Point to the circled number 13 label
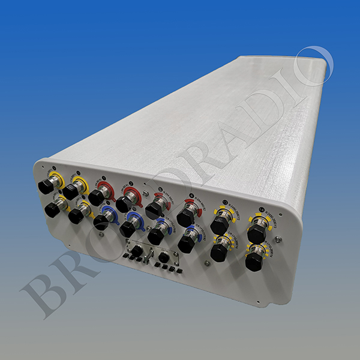(225, 202)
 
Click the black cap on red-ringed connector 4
(185, 217)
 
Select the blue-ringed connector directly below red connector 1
(101, 221)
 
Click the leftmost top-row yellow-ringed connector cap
(46, 185)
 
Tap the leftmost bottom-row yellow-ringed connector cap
(52, 209)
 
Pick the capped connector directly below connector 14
(254, 260)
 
